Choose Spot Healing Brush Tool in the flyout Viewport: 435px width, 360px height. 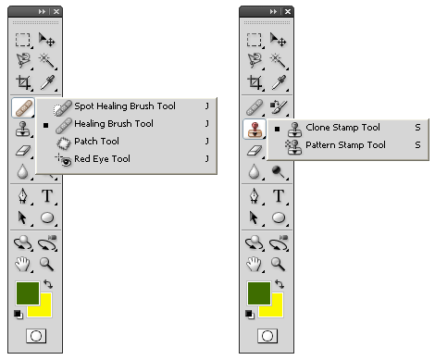coord(125,106)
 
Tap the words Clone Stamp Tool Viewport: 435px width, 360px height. coord(342,128)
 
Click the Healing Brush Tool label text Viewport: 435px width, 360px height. coord(114,124)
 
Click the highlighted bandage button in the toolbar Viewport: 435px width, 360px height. coord(23,108)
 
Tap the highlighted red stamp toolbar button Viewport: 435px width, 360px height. coord(255,129)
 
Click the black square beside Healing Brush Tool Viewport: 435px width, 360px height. coord(45,125)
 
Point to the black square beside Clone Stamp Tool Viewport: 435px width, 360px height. coord(277,129)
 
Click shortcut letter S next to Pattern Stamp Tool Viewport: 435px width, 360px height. coord(417,144)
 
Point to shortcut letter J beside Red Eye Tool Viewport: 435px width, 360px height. coord(207,158)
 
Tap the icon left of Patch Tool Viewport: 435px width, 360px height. coord(64,143)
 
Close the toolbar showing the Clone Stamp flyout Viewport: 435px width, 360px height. coord(288,12)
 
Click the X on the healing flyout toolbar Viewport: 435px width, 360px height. coord(56,12)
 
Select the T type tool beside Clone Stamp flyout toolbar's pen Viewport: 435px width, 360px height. coord(279,195)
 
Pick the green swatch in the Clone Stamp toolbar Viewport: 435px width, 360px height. coord(259,293)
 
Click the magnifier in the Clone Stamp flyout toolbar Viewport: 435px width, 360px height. coord(278,265)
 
